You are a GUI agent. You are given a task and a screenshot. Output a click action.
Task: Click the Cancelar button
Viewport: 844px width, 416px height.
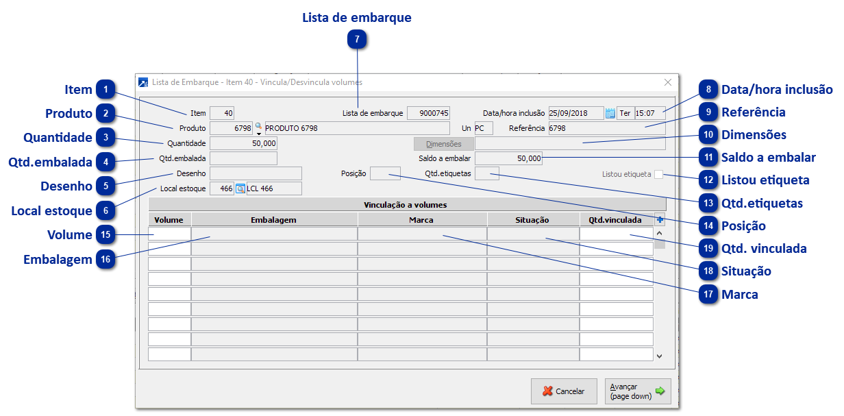click(564, 391)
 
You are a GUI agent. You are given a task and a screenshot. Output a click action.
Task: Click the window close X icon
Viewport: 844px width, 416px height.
click(668, 82)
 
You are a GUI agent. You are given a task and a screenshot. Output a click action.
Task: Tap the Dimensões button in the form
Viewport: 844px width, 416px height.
click(443, 143)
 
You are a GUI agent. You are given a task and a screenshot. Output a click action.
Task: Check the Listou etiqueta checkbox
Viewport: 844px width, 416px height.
click(658, 174)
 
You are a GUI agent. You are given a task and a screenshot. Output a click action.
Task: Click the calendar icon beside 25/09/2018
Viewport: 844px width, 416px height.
click(610, 113)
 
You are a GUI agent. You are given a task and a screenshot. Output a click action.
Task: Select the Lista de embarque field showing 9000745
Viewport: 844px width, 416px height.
click(428, 113)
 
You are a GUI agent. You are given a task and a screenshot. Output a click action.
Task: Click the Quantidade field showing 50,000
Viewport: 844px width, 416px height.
click(243, 143)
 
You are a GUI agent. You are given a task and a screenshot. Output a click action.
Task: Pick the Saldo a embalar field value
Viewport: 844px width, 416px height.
click(508, 158)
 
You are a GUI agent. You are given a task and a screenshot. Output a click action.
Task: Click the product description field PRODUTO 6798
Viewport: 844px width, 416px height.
click(357, 128)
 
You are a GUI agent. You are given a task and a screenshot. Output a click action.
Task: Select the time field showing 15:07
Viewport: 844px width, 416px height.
click(650, 113)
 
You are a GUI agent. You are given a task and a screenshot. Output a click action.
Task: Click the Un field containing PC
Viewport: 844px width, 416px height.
click(484, 128)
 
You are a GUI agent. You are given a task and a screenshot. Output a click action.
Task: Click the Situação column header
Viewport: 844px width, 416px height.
click(533, 220)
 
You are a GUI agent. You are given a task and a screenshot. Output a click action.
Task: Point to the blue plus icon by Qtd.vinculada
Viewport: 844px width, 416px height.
click(660, 219)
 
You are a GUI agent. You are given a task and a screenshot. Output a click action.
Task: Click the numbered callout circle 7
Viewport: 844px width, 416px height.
click(357, 39)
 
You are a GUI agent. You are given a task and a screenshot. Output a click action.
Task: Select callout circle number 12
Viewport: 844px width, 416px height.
click(708, 180)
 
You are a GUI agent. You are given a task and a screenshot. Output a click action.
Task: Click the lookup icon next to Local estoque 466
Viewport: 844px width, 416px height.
click(240, 188)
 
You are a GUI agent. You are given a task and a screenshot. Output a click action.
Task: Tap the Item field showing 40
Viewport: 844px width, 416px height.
click(222, 113)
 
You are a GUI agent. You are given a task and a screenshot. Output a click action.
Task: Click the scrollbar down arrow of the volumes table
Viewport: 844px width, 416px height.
click(659, 356)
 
